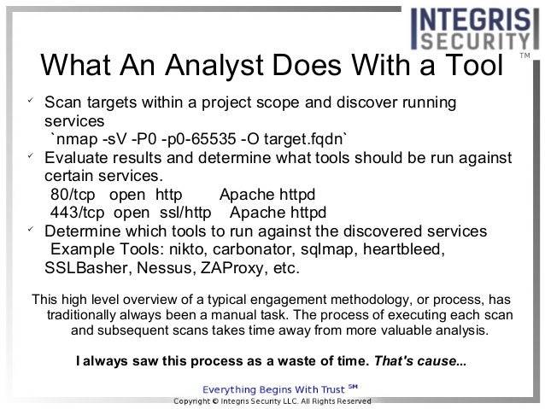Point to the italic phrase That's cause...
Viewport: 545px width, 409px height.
tap(418, 359)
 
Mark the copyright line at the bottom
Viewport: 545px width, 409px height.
tap(272, 400)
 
